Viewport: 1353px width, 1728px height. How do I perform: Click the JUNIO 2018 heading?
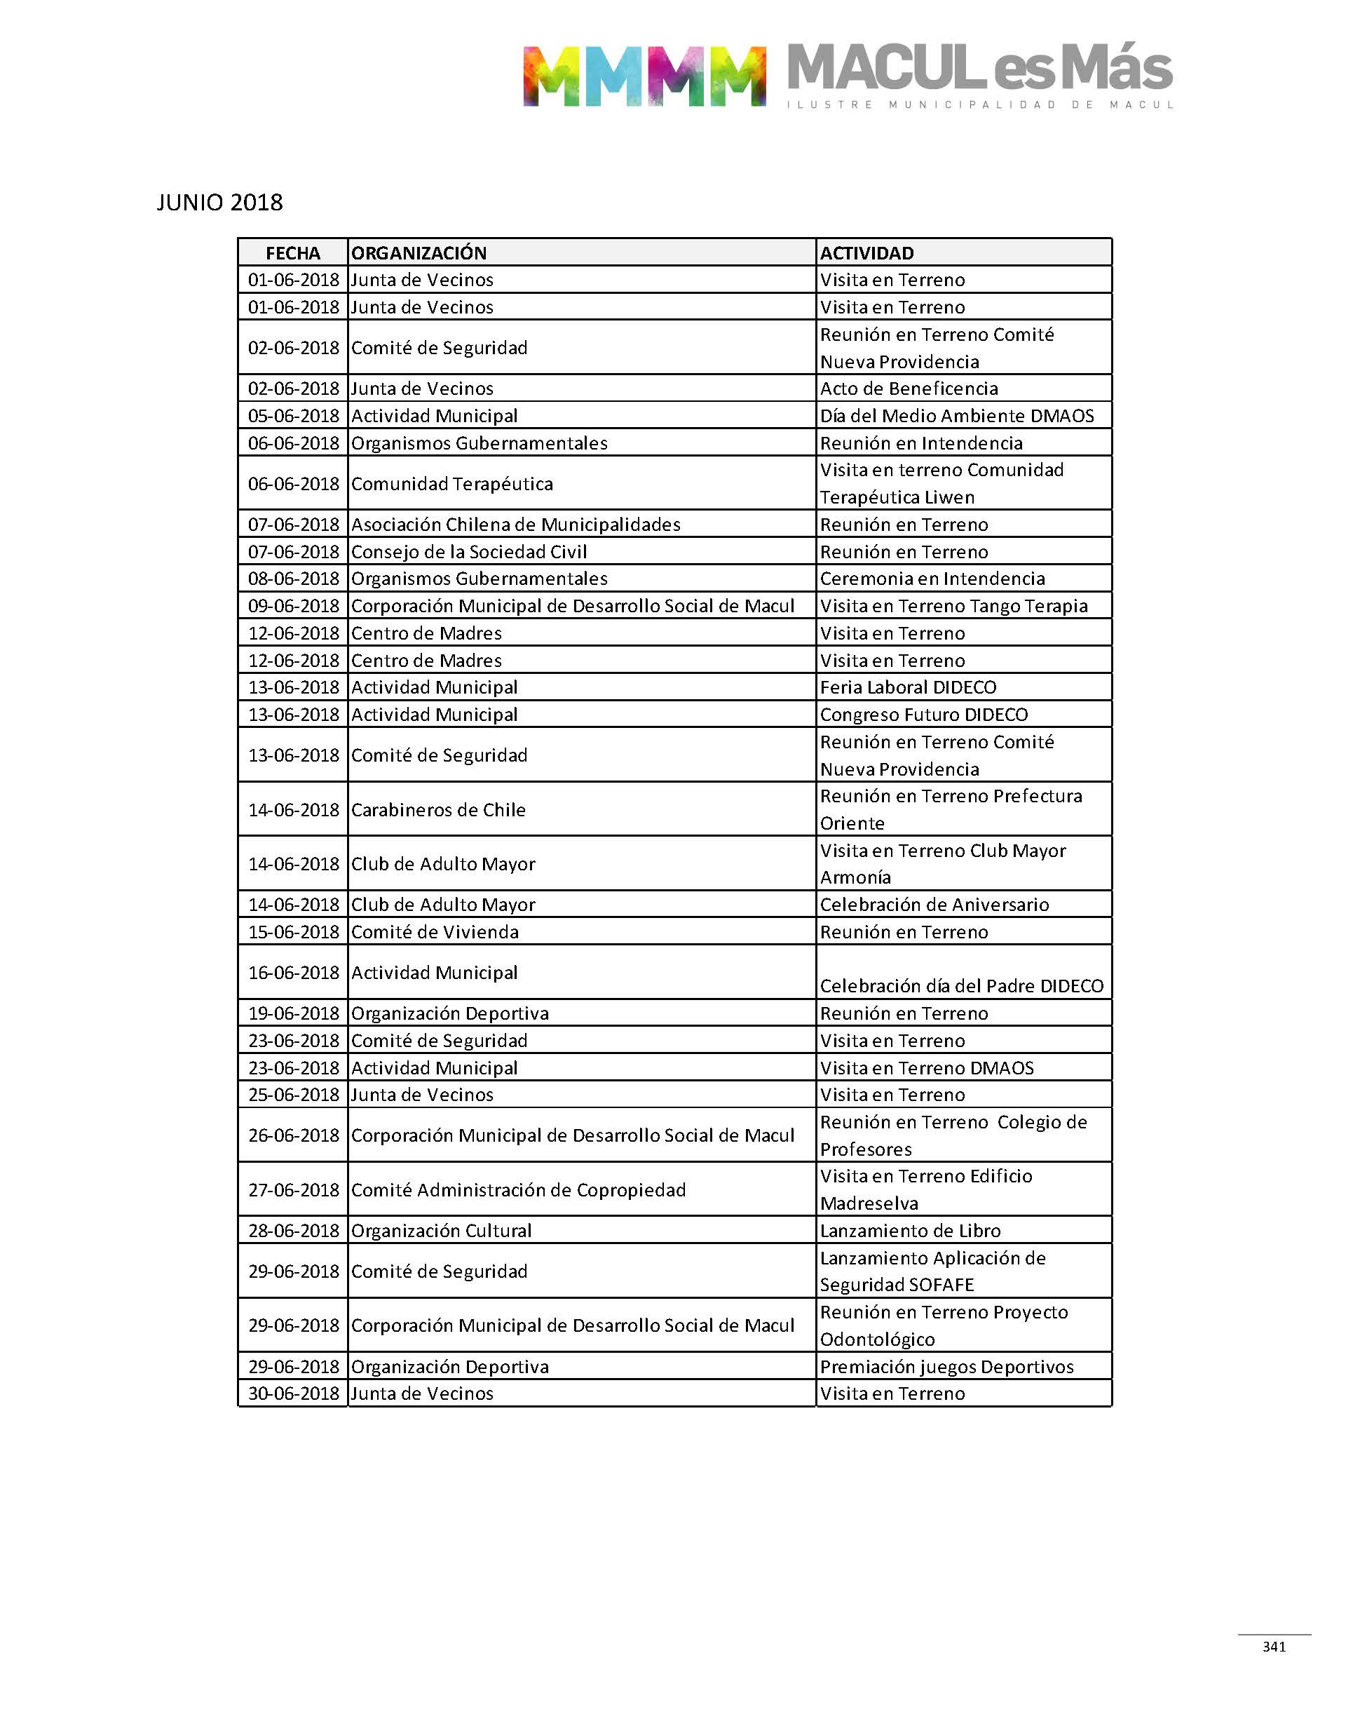point(219,203)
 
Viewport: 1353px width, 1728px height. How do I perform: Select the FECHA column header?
point(292,252)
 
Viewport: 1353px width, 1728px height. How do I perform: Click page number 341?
point(1274,1647)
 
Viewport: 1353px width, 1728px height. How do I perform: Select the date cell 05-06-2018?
point(293,416)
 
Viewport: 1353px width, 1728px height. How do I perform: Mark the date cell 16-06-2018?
point(293,972)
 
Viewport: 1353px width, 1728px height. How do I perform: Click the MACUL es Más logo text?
point(980,69)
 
